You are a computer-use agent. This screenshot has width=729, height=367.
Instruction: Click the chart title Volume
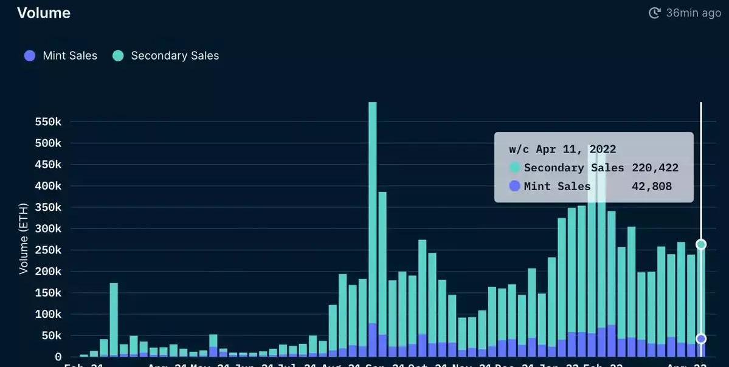(x=44, y=13)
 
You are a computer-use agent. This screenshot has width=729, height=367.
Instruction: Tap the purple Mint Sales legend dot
(x=30, y=56)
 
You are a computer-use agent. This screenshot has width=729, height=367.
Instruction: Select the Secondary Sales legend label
(x=174, y=56)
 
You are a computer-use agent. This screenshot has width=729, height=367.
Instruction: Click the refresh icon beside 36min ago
(x=655, y=13)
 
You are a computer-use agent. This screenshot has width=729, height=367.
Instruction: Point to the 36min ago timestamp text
(x=693, y=13)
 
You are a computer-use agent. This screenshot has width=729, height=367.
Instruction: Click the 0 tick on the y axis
(x=58, y=357)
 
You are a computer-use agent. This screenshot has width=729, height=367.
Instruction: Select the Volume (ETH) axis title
(x=24, y=239)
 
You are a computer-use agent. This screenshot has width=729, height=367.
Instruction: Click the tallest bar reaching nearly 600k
(x=373, y=231)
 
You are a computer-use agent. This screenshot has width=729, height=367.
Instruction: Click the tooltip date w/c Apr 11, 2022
(x=562, y=149)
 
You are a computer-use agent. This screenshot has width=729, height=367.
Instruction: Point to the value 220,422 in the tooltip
(x=655, y=168)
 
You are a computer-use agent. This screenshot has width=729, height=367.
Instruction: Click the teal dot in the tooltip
(x=515, y=168)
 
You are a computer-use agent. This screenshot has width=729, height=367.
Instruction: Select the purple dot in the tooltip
(x=515, y=187)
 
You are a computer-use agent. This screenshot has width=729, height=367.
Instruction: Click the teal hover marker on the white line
(x=701, y=244)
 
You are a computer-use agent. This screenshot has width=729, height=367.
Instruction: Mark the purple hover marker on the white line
(x=701, y=338)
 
